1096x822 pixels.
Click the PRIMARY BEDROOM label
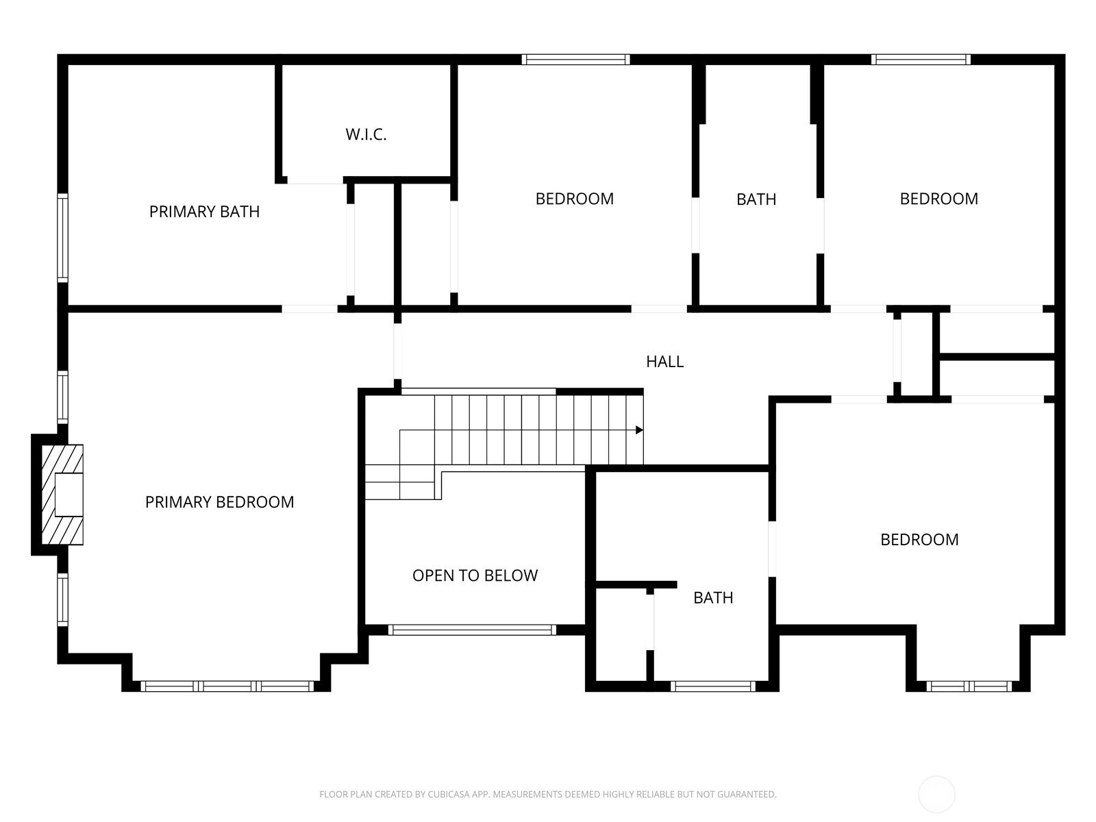pos(219,502)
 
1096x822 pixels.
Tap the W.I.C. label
pos(366,134)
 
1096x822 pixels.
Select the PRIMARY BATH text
pos(204,212)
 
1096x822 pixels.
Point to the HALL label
pos(664,362)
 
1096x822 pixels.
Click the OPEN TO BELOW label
pos(475,575)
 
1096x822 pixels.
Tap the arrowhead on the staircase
pos(639,429)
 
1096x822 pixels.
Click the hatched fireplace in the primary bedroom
pos(62,494)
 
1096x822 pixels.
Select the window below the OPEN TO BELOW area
pos(472,630)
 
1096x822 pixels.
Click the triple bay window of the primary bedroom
pos(227,686)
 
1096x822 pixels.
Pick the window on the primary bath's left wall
pos(62,238)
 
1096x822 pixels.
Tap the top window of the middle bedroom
pos(575,60)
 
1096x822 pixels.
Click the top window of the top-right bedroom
pos(921,60)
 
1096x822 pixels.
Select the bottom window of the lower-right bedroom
pos(969,686)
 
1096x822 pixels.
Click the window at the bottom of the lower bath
pos(712,686)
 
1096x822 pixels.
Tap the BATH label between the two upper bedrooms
pos(756,199)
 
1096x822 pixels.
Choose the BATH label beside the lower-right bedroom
pos(713,597)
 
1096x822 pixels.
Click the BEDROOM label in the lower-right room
pos(919,540)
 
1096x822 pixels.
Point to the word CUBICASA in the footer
pos(449,794)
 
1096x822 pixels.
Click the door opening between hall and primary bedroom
pos(397,351)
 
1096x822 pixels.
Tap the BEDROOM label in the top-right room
pos(938,199)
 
